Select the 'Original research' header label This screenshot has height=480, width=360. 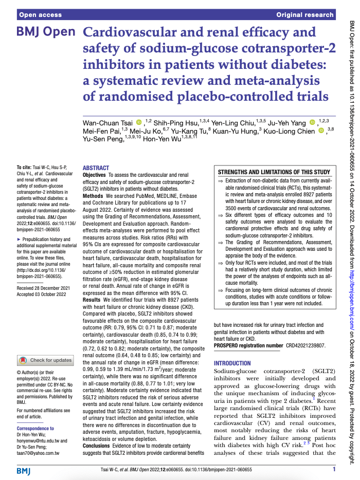pyautogui.click(x=305, y=15)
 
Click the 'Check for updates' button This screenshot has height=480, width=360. pyautogui.click(x=46, y=346)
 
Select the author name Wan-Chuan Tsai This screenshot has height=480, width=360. pyautogui.click(x=108, y=122)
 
